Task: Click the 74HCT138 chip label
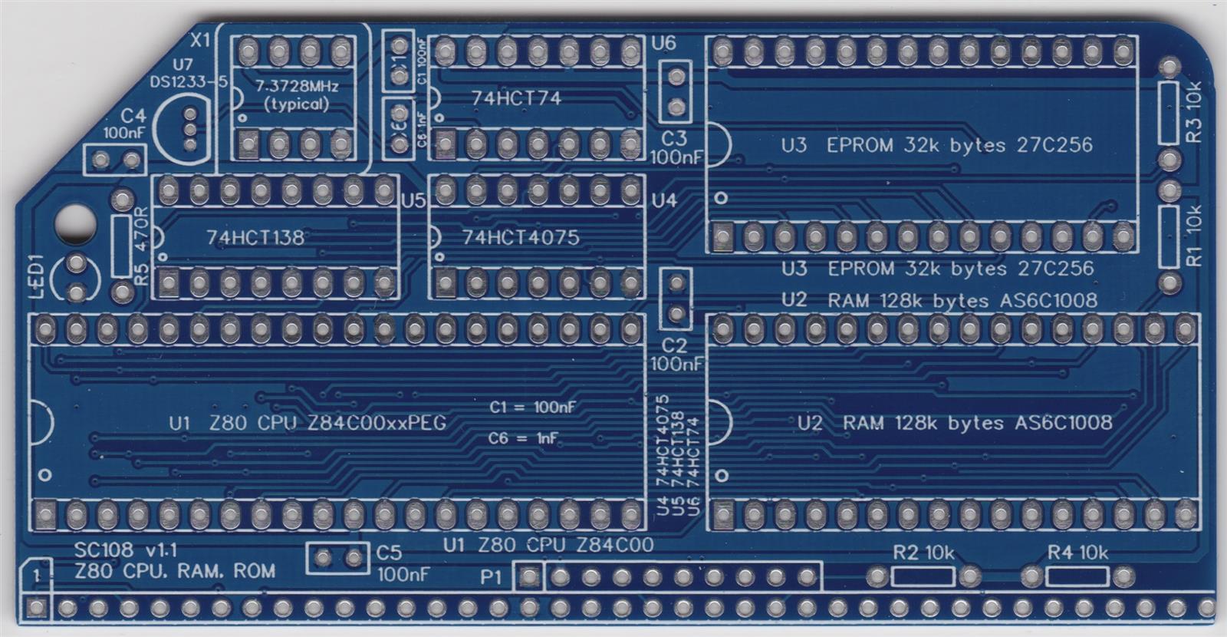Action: [255, 237]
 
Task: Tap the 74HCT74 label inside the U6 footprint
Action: [516, 98]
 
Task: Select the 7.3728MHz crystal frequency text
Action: [296, 86]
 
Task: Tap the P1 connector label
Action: [492, 576]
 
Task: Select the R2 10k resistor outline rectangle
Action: [923, 576]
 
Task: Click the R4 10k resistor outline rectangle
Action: [1077, 576]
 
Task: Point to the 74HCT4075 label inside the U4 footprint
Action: [521, 237]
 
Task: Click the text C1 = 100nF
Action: [533, 407]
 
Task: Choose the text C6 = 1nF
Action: [524, 438]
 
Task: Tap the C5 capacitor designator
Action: [389, 553]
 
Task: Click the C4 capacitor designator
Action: [133, 115]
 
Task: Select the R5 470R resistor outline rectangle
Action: [121, 246]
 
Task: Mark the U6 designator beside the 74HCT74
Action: [663, 43]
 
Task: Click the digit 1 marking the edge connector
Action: [36, 575]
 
